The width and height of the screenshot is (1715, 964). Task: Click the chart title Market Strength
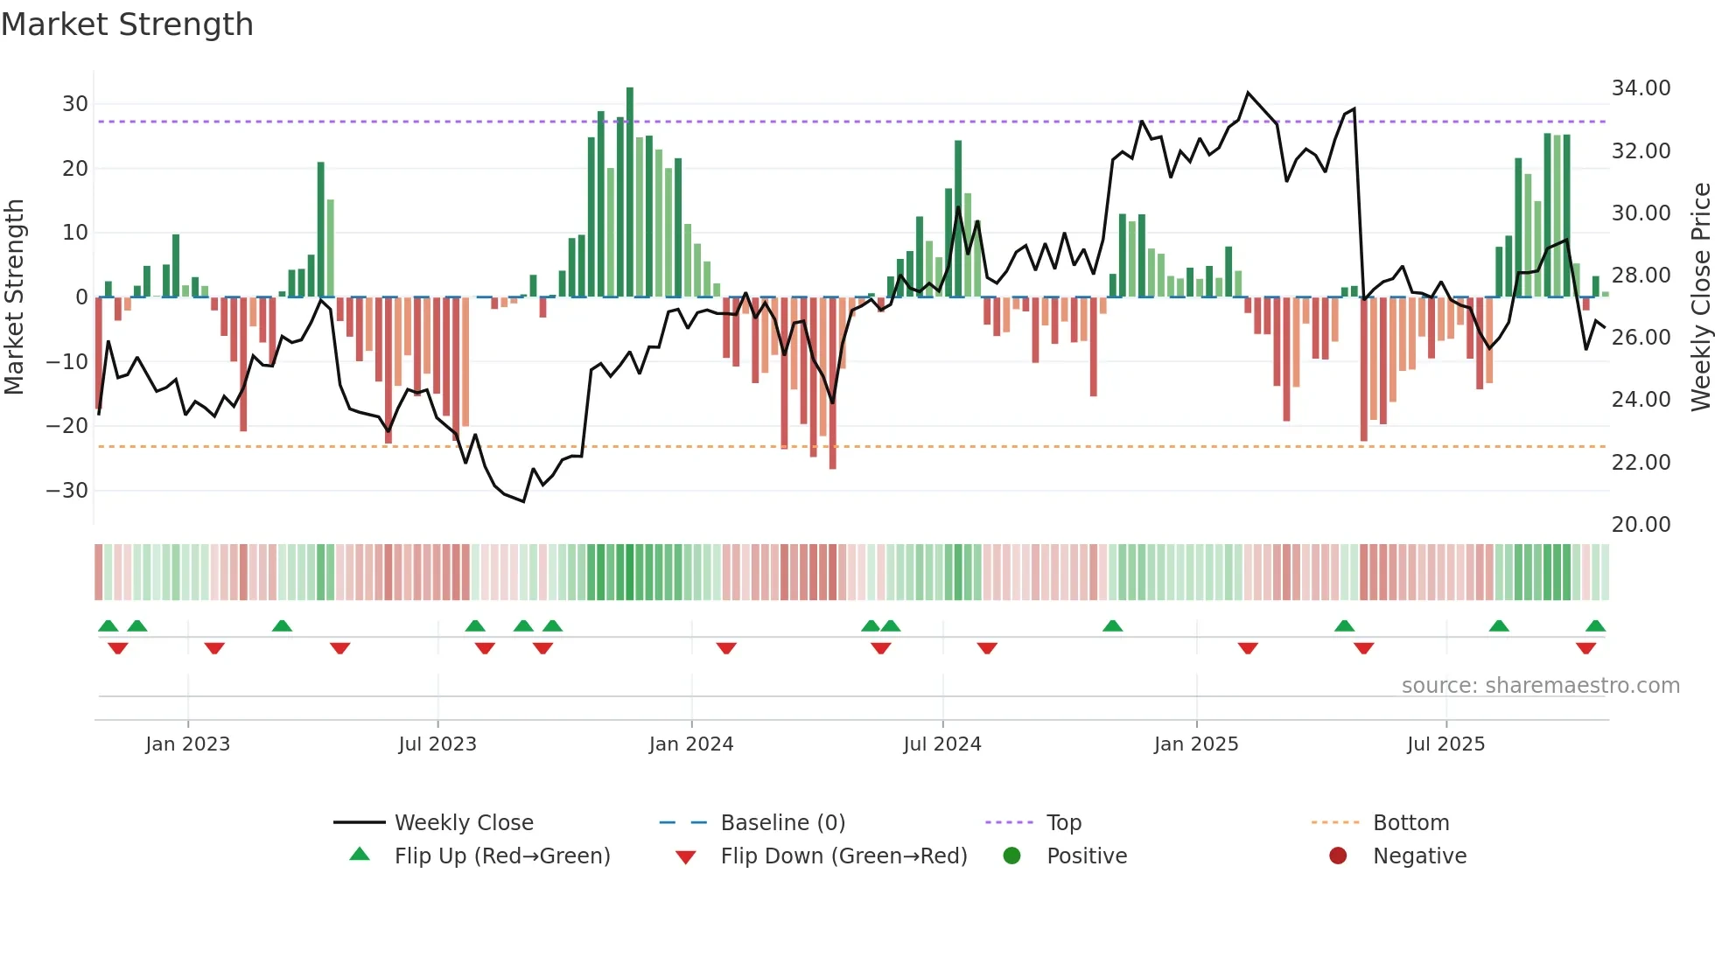(127, 24)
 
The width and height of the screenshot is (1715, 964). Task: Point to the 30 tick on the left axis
(75, 104)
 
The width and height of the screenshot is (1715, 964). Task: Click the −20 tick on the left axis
(68, 426)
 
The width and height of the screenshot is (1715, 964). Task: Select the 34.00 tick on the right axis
(1641, 88)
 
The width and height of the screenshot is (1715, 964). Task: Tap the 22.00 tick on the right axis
(1641, 462)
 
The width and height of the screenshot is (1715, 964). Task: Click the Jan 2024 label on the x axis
(691, 744)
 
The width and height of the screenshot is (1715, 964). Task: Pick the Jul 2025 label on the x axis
(1445, 744)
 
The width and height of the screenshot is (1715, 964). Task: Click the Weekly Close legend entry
(463, 823)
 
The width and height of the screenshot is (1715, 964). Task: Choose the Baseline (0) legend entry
(782, 823)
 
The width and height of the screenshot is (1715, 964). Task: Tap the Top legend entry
(1064, 823)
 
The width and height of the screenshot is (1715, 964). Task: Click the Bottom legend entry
(1410, 823)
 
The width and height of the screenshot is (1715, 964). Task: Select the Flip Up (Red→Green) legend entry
(501, 856)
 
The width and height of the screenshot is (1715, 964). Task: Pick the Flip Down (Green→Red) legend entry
(843, 856)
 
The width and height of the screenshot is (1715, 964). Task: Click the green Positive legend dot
(1012, 856)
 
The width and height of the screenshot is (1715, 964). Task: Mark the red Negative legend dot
(1338, 856)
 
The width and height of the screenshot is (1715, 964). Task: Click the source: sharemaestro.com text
(1540, 686)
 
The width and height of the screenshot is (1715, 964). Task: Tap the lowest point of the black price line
(523, 501)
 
